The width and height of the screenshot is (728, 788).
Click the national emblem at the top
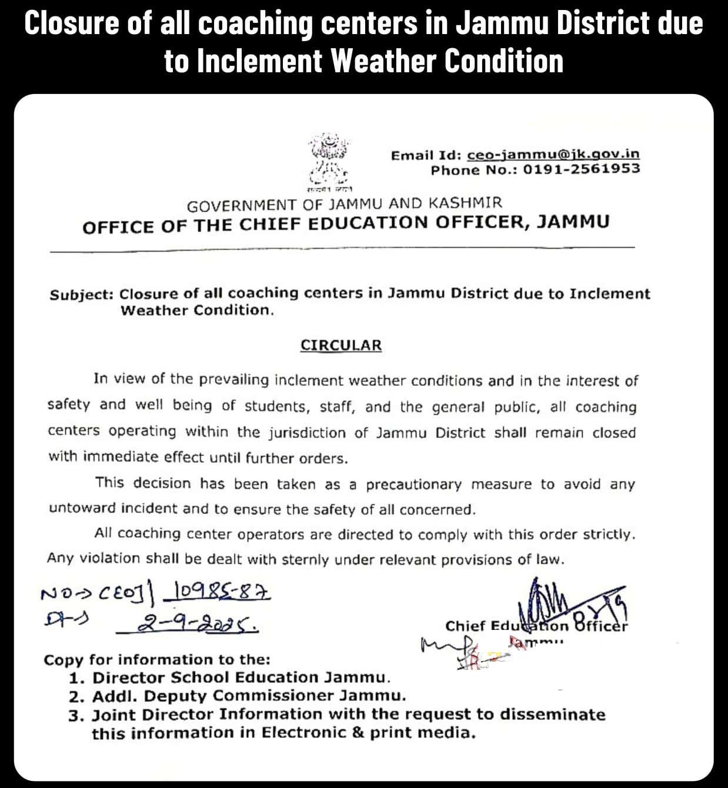pos(328,162)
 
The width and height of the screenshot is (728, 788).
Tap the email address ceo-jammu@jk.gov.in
pos(553,155)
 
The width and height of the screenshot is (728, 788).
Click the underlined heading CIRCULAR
pos(341,345)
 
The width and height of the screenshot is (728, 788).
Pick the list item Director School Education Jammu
pos(241,678)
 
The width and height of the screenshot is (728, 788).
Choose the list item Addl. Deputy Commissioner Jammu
pos(249,696)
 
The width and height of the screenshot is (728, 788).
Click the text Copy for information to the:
pos(157,659)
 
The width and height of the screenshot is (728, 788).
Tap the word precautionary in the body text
pos(413,485)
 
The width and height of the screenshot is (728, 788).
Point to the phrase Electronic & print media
pos(368,733)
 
